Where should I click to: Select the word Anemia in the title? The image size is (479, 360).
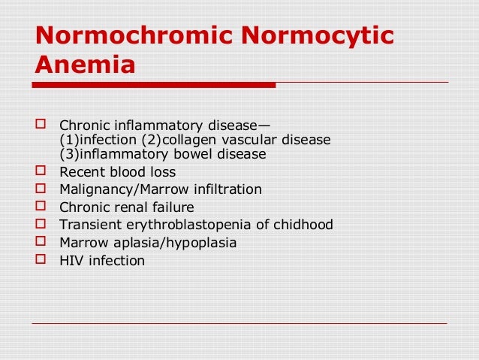(85, 67)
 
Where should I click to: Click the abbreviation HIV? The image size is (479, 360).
(71, 261)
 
